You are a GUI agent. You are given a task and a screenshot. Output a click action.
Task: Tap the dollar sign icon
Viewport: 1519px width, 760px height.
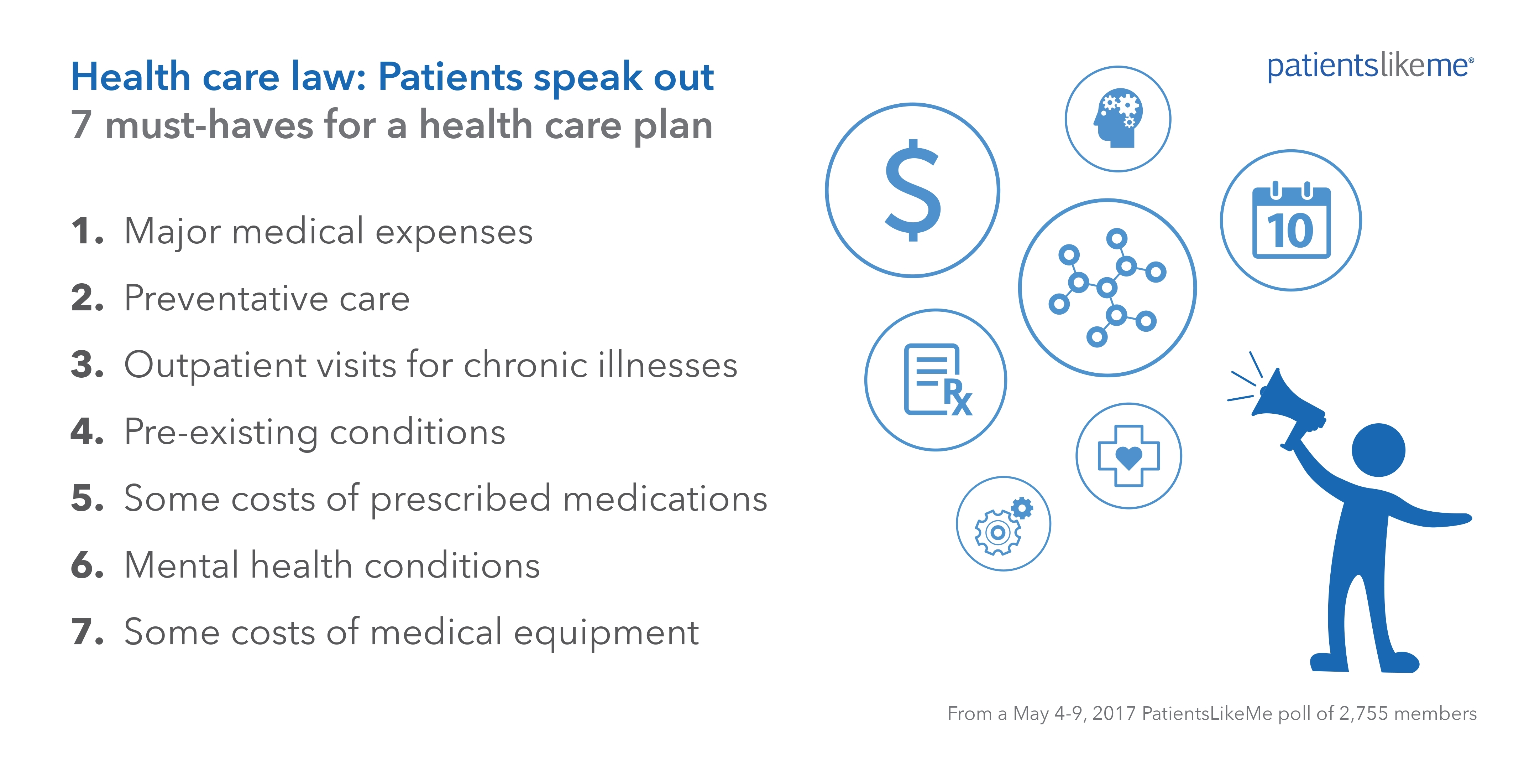point(913,190)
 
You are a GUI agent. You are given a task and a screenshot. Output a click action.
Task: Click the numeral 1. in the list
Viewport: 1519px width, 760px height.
point(87,231)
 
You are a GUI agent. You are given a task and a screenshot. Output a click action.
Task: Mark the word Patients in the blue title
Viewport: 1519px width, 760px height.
point(450,77)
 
